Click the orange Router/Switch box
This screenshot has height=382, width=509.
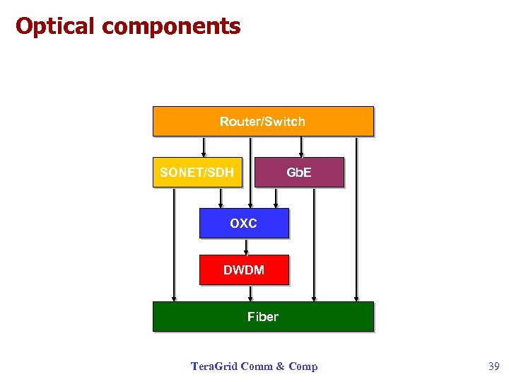click(262, 121)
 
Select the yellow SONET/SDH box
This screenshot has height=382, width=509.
click(197, 172)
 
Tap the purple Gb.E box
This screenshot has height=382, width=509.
click(298, 172)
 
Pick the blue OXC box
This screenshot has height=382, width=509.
click(244, 223)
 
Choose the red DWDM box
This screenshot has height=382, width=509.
click(244, 270)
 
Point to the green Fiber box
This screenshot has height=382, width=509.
click(262, 316)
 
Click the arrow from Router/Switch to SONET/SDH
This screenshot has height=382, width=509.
click(204, 146)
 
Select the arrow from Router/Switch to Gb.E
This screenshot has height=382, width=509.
click(301, 146)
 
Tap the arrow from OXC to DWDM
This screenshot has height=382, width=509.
click(246, 246)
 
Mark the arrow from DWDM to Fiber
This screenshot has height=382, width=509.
click(250, 293)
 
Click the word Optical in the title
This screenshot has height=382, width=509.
click(55, 27)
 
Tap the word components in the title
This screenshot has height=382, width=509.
click(171, 27)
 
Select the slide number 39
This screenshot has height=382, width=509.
click(493, 366)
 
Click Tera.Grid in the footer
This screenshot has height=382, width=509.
click(214, 366)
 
